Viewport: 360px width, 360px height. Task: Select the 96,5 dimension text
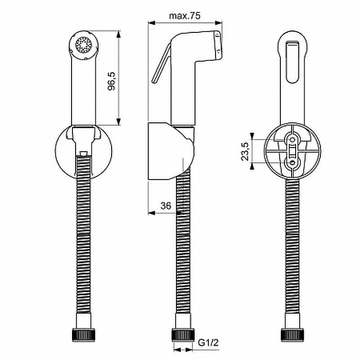[x=112, y=80]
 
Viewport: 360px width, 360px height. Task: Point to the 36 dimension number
[x=166, y=206]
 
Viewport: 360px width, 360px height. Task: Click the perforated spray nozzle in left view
[x=84, y=45]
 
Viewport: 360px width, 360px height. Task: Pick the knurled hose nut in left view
[x=83, y=335]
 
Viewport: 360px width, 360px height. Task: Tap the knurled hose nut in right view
[x=292, y=335]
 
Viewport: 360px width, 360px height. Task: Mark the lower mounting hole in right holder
[x=292, y=162]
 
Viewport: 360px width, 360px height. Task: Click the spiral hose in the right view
[x=292, y=247]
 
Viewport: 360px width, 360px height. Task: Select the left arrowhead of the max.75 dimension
[x=151, y=21]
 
